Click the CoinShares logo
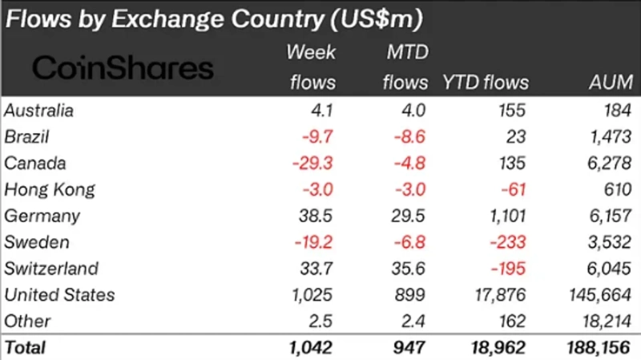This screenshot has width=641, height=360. point(123,67)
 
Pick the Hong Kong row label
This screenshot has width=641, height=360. point(50,190)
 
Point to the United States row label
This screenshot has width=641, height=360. point(59,295)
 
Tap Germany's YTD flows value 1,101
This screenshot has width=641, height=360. point(504,216)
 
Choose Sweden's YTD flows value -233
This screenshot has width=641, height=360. point(509,243)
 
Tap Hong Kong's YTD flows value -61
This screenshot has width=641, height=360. point(514,190)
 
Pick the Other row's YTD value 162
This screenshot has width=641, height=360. point(514,322)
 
